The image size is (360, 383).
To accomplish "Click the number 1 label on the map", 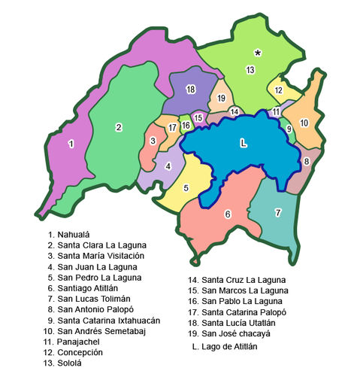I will [71, 144].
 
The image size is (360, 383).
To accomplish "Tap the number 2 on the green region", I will [119, 126].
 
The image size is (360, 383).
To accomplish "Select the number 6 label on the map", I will [227, 214].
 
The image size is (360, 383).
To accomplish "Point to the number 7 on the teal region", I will [277, 213].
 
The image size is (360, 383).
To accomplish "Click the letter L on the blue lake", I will [242, 142].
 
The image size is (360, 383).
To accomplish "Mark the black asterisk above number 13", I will [258, 53].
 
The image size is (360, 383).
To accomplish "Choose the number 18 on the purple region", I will [191, 90].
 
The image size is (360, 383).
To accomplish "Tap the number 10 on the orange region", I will [304, 123].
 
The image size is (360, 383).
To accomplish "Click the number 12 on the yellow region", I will [278, 90].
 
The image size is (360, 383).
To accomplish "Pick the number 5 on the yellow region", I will [185, 187].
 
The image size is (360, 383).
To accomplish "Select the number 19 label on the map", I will [221, 99].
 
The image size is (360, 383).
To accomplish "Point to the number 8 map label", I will [306, 160].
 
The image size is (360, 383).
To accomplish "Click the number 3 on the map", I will [153, 141].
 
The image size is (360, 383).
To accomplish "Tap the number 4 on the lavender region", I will [169, 166].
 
